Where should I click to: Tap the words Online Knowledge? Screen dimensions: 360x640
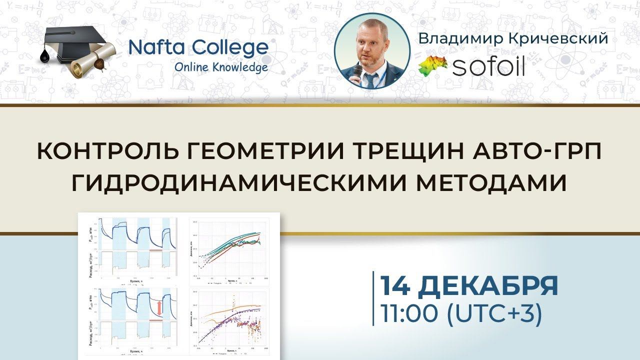221,67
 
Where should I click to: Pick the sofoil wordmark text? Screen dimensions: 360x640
488,66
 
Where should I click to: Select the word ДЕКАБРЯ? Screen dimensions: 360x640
487,286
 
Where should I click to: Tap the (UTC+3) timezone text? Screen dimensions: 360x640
493,314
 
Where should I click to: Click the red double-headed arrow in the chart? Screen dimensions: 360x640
159,307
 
